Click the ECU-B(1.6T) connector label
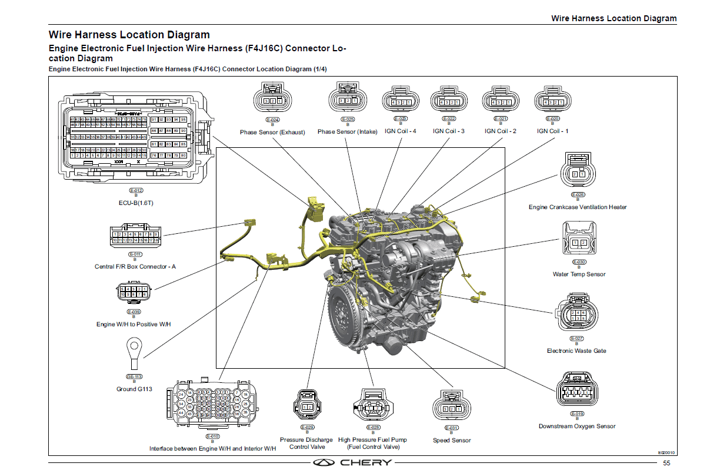pos(136,203)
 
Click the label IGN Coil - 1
pos(552,131)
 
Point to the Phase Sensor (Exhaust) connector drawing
pos(272,98)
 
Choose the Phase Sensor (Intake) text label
pos(347,131)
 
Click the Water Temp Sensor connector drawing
pos(579,239)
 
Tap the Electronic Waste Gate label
pos(576,350)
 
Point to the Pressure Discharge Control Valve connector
pos(307,406)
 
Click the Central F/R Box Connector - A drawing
pos(135,236)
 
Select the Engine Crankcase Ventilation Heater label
pos(577,207)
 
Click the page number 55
pos(666,463)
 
